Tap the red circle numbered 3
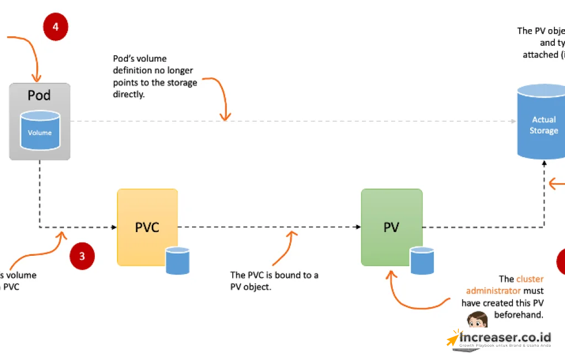coord(82,256)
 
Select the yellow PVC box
coord(147,227)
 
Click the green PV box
coord(391,227)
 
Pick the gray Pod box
coord(40,121)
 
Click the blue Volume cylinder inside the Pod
coord(40,131)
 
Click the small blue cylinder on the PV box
coord(422,260)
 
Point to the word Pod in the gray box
coord(39,95)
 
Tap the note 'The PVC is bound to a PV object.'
coord(274,281)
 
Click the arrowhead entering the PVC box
coord(114,227)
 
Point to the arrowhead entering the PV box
coord(358,227)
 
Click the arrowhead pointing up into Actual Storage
coord(545,163)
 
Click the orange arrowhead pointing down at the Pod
coord(38,78)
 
